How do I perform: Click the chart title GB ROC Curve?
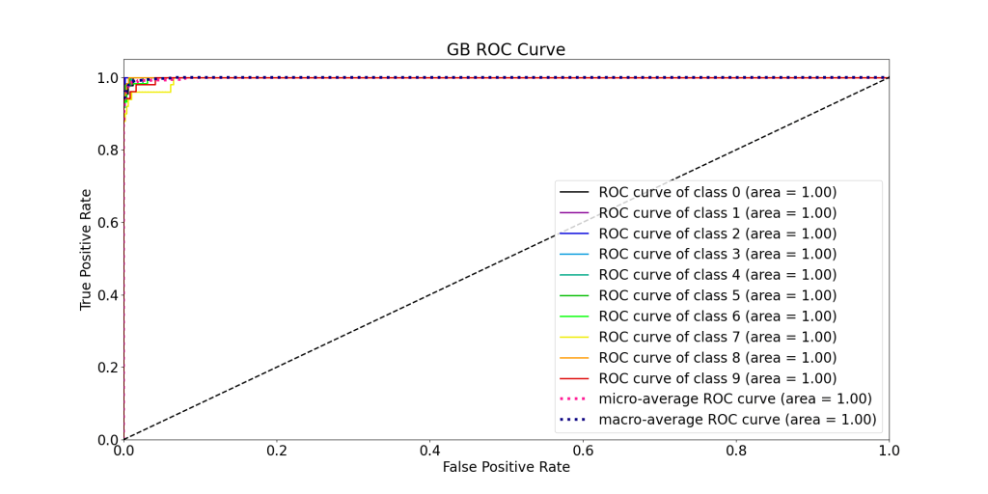[506, 49]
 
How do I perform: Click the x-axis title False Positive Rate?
[506, 467]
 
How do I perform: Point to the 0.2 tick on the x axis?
[277, 450]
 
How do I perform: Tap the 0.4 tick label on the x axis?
[430, 450]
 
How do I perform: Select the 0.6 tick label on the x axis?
[583, 450]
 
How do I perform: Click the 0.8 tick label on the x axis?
[736, 450]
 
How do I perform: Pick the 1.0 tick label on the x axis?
[889, 450]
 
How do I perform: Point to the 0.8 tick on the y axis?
[106, 150]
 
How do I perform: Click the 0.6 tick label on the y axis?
[106, 223]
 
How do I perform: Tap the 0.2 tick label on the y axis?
[106, 368]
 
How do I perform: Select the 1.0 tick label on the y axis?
[106, 77]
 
